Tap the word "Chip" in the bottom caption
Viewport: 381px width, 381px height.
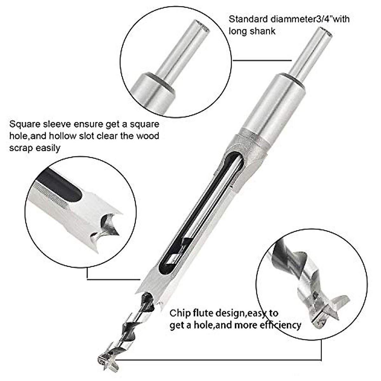point(180,313)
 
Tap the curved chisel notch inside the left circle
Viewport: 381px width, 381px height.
point(108,222)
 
